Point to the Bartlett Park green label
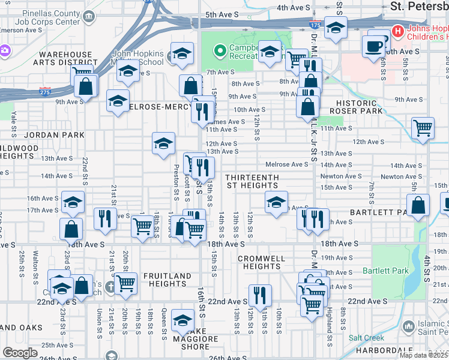[385, 271]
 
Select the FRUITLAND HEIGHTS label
[167, 280]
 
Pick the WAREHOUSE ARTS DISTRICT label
[62, 58]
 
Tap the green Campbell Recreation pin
[218, 50]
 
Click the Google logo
[20, 353]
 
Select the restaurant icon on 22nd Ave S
[260, 295]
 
